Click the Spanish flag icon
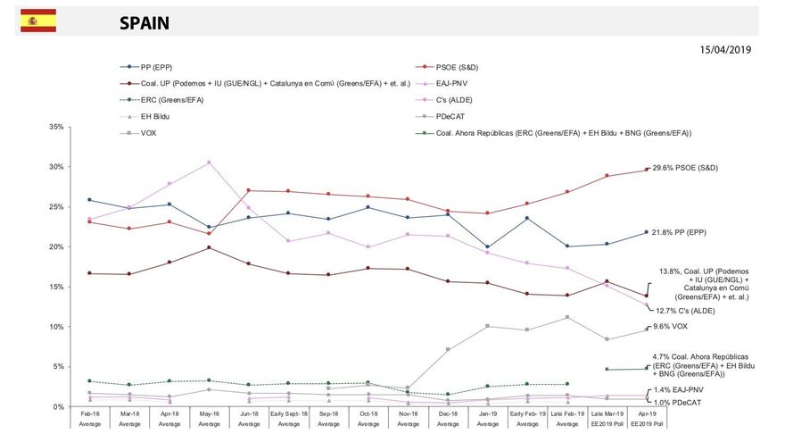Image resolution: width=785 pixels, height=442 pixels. pyautogui.click(x=38, y=21)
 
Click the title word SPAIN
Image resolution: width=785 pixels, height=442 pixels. pyautogui.click(x=145, y=23)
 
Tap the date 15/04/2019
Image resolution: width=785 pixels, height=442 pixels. pyautogui.click(x=724, y=50)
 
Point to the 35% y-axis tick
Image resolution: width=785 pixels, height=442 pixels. pyautogui.click(x=56, y=128)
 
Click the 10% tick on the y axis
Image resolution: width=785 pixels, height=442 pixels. pyautogui.click(x=56, y=327)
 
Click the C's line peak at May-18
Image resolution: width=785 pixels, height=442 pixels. pyautogui.click(x=209, y=163)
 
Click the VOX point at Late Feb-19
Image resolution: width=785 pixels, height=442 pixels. pyautogui.click(x=568, y=317)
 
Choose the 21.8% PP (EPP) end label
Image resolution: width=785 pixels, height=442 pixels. pyautogui.click(x=683, y=232)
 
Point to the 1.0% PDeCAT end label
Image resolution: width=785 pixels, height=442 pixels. pyautogui.click(x=677, y=403)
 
